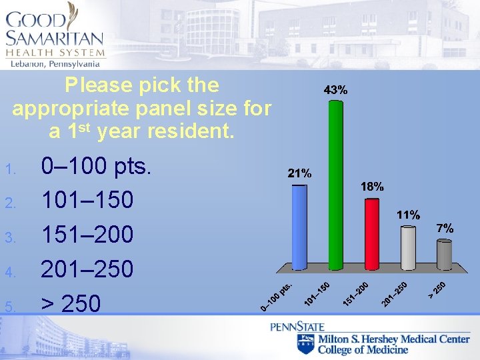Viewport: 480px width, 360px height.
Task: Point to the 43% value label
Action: pos(335,89)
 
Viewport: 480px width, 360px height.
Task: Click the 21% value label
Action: pos(299,173)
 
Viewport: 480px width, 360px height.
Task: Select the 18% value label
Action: pos(372,187)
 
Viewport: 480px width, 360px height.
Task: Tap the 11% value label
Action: pos(408,215)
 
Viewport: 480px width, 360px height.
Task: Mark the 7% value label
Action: pos(445,228)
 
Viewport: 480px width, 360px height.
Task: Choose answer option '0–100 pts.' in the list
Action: pos(97,165)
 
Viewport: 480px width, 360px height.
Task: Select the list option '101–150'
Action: pos(87,200)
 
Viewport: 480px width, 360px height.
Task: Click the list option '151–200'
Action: pos(87,235)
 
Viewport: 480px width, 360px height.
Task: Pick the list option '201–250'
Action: pos(87,269)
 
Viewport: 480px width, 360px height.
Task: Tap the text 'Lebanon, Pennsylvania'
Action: pos(55,63)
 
